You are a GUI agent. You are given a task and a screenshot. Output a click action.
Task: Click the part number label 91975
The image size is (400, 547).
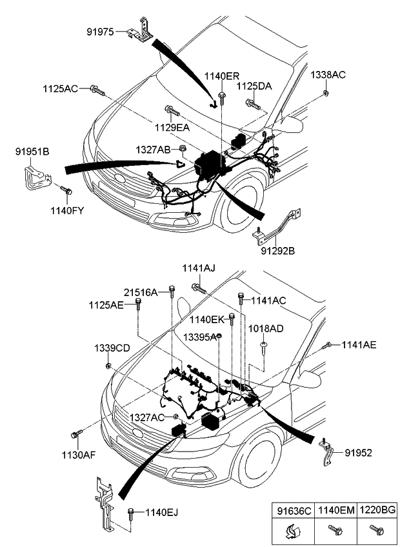coord(101,31)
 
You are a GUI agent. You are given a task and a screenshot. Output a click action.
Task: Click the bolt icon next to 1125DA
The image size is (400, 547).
coord(252,102)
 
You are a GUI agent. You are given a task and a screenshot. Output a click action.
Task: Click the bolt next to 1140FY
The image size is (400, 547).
coord(65,190)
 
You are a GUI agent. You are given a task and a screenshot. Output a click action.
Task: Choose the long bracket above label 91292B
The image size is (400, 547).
coord(279,227)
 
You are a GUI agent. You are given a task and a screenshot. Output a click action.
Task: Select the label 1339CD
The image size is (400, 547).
coord(113,348)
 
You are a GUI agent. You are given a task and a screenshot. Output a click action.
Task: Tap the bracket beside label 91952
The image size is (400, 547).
coord(328,452)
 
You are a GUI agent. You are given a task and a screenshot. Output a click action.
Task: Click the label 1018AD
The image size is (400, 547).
coord(266,328)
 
